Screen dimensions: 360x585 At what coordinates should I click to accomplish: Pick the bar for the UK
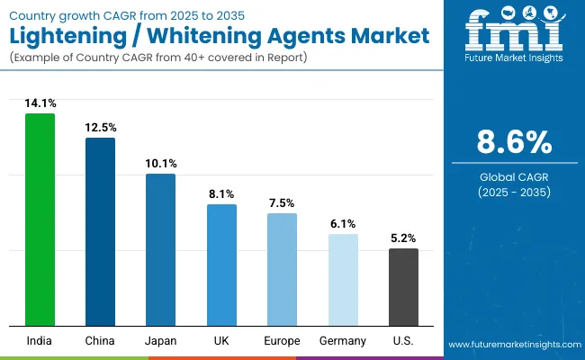click(x=221, y=265)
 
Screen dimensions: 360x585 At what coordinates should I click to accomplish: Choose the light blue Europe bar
click(x=282, y=269)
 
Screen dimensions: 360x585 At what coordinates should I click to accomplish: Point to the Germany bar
click(x=343, y=279)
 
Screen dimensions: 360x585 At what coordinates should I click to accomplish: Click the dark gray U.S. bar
click(x=403, y=286)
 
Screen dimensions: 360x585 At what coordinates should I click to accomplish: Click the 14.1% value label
click(x=40, y=103)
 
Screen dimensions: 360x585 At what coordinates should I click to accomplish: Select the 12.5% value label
click(x=100, y=128)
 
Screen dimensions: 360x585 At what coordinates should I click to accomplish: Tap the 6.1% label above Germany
click(x=343, y=224)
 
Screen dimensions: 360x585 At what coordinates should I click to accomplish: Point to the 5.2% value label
click(x=403, y=238)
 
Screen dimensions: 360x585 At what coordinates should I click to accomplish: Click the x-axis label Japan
click(x=160, y=340)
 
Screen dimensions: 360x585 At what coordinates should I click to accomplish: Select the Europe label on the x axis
click(x=282, y=340)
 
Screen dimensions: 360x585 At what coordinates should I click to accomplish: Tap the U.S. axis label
click(x=403, y=340)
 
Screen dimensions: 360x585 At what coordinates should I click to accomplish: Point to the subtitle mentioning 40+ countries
click(x=158, y=58)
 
